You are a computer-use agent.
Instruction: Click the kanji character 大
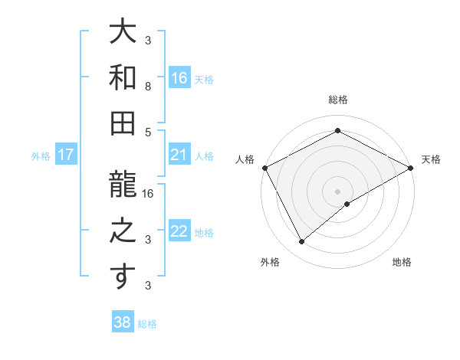pos(123,32)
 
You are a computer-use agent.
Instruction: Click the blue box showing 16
pos(179,77)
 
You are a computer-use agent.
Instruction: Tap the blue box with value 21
pos(179,155)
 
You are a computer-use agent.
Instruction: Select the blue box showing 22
pos(179,232)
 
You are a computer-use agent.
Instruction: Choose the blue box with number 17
pos(66,155)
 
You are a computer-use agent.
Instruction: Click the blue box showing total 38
pos(123,322)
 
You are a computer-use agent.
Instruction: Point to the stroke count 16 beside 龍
pos(148,193)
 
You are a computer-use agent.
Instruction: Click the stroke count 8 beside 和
pos(148,87)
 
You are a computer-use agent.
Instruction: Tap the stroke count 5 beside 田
pos(148,131)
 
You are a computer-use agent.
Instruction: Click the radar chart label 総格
pos(337,100)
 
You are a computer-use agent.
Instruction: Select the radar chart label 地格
pos(402,263)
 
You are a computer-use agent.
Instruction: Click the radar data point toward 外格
pos(302,242)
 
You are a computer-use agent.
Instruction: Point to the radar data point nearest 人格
pos(265,168)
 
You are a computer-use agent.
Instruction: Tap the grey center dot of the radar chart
pos(337,191)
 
